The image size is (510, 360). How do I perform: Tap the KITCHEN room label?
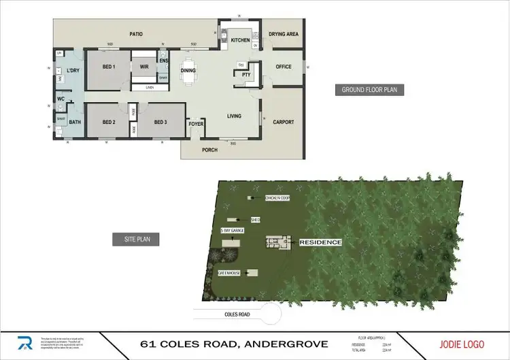click(x=241, y=41)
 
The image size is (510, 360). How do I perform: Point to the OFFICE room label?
click(x=283, y=67)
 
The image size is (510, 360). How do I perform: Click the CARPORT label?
click(x=284, y=122)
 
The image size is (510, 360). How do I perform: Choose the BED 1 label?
click(x=109, y=67)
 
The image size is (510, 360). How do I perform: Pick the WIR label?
click(x=144, y=67)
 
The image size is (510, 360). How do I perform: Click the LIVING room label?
click(x=234, y=116)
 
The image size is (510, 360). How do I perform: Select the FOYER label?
click(x=197, y=124)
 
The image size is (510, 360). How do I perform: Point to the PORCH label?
click(x=210, y=150)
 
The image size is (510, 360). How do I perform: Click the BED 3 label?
click(x=160, y=122)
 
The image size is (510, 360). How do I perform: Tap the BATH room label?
click(x=75, y=122)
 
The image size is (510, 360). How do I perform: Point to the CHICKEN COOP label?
click(x=278, y=198)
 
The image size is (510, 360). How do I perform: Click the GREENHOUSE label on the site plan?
click(x=229, y=272)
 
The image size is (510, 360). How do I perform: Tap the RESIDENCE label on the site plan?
click(x=320, y=242)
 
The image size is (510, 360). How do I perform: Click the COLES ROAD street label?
click(x=235, y=314)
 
